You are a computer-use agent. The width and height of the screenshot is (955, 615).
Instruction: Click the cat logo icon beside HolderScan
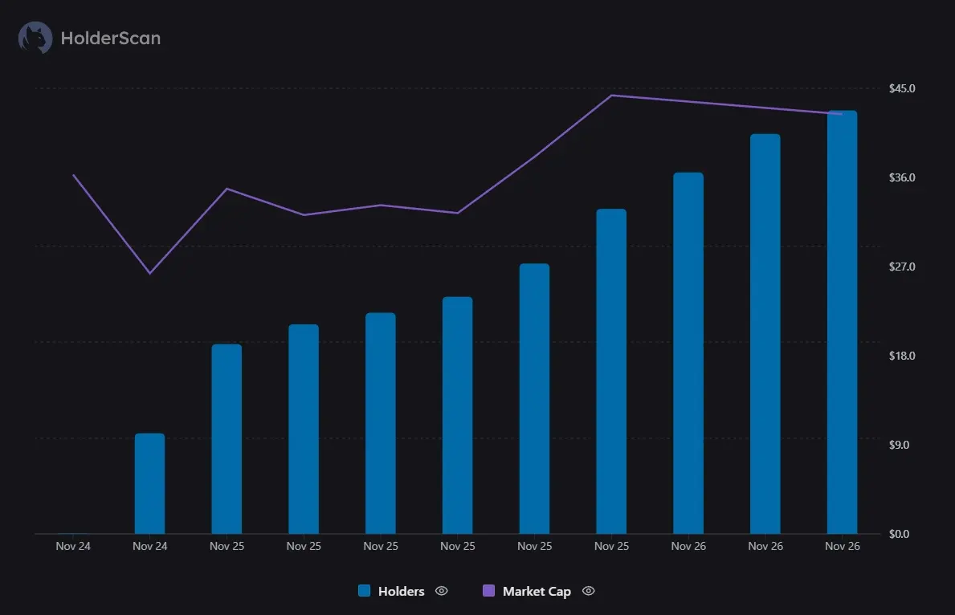click(35, 38)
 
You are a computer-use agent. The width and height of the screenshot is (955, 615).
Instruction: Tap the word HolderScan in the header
click(110, 38)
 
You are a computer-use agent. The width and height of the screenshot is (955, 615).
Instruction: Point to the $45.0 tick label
click(902, 88)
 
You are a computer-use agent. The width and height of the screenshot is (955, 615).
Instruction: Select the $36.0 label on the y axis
click(902, 177)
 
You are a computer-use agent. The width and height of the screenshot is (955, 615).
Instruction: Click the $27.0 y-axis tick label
click(902, 267)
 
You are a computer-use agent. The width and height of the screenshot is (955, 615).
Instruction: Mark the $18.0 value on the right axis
click(902, 356)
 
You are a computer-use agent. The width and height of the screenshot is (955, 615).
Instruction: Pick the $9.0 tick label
click(900, 445)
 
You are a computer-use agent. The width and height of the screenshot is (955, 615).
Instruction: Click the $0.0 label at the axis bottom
click(900, 534)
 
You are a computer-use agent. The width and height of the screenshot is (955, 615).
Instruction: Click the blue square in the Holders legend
click(365, 591)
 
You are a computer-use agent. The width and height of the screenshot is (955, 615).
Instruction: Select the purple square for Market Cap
click(488, 591)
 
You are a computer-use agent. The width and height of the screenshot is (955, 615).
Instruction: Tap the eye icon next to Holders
click(441, 591)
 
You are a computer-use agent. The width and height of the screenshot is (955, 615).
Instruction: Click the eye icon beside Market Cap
click(588, 591)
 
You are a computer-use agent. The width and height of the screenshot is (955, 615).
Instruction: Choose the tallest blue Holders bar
click(842, 321)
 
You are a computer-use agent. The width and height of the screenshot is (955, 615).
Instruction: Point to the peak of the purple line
click(611, 96)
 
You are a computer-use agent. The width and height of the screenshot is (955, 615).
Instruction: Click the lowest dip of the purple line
click(149, 273)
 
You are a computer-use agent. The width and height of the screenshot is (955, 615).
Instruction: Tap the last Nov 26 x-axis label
click(842, 546)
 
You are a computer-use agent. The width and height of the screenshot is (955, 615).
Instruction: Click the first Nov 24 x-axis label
click(73, 546)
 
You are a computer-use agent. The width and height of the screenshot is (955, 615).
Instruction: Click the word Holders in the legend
click(401, 592)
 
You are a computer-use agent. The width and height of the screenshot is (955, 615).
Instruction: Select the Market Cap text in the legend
click(537, 592)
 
